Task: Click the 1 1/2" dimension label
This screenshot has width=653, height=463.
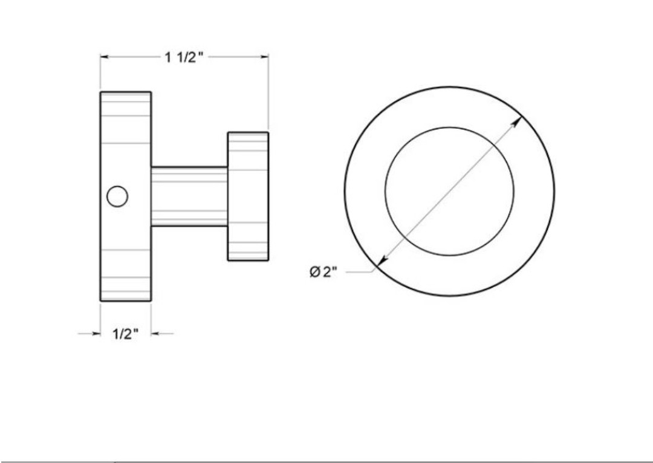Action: click(x=184, y=57)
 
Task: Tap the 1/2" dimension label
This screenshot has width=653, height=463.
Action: click(x=125, y=334)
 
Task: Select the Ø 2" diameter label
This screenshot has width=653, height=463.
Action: click(x=323, y=272)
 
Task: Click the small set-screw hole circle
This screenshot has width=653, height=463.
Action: click(x=117, y=196)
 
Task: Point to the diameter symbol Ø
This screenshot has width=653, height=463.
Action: click(x=315, y=272)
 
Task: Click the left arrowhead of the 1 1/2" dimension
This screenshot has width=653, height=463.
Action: click(x=105, y=57)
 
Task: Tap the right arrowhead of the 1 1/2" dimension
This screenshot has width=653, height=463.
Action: click(x=264, y=57)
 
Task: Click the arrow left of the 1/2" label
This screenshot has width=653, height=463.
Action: click(x=89, y=334)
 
